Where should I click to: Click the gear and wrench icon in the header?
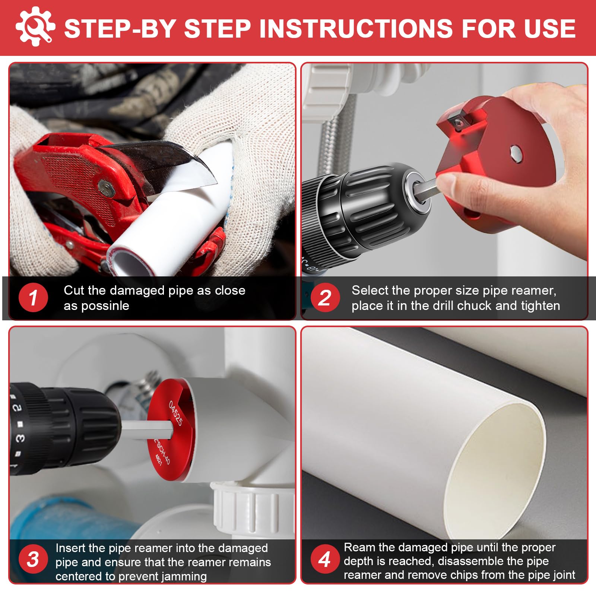click(35, 26)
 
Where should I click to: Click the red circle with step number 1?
click(33, 298)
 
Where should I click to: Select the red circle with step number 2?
click(325, 298)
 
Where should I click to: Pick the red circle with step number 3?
click(33, 559)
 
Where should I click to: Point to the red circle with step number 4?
click(325, 559)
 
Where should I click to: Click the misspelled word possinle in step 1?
click(105, 306)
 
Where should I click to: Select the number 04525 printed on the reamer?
click(175, 413)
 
